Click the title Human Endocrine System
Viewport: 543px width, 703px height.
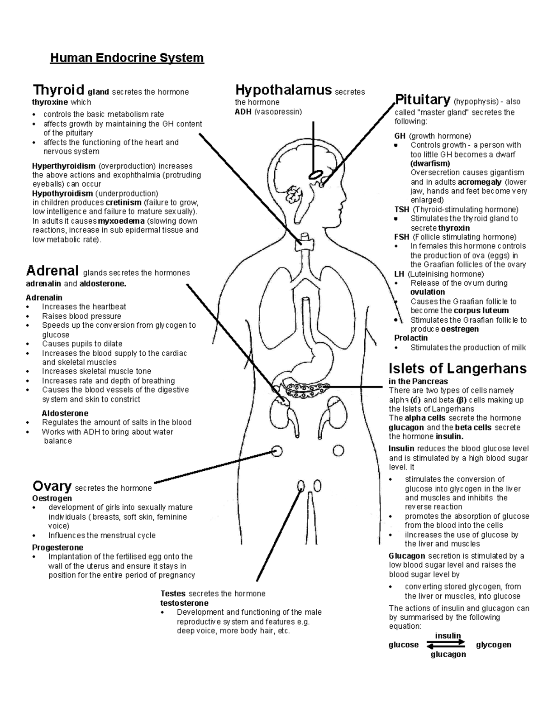[127, 58]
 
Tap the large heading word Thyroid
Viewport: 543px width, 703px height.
[58, 89]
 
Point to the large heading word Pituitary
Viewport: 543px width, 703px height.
[422, 99]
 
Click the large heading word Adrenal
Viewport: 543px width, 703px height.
[52, 271]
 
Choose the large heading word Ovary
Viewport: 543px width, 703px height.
[52, 486]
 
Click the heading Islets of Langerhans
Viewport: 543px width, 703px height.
[457, 368]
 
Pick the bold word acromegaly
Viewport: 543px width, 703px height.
[479, 182]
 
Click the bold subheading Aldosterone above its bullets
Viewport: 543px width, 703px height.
[65, 413]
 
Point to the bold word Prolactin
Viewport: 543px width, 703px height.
[411, 338]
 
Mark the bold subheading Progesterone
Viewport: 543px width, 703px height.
[57, 547]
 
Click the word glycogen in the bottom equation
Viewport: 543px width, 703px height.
[493, 645]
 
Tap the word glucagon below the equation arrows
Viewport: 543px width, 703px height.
[448, 654]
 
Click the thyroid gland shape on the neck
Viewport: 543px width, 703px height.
[304, 243]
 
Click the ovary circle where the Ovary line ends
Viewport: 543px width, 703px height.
[277, 450]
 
